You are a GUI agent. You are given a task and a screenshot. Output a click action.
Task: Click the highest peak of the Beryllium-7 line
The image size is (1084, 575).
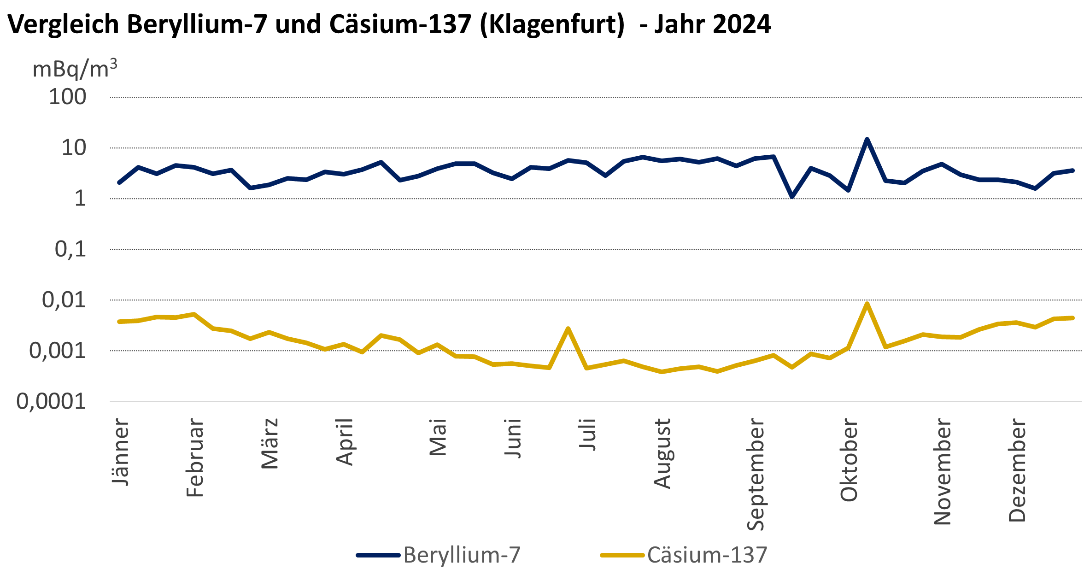coord(867,139)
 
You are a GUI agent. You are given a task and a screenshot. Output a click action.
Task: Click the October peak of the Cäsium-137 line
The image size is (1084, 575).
coord(867,304)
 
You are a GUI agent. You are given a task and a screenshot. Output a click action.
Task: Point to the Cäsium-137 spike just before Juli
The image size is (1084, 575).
coord(568,329)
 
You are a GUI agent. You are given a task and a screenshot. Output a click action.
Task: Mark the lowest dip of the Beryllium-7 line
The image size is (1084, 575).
coord(792,197)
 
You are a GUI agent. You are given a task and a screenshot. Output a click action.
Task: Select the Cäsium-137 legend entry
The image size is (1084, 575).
coord(684,555)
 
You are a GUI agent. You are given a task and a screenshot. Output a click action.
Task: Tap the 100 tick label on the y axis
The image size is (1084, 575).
coord(67,97)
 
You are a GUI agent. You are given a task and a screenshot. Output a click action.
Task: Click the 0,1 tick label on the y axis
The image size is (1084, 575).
coord(70,249)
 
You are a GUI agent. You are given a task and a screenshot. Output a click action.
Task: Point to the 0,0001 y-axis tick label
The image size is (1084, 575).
coord(51,402)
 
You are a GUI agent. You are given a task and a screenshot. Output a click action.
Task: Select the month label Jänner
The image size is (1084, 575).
coord(121,452)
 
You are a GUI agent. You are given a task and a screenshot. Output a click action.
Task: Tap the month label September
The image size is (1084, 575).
coord(756,475)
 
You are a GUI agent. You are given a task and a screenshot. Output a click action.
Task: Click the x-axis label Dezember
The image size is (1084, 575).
coord(1017,470)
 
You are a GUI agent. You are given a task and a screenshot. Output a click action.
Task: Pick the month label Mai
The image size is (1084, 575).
coord(438,437)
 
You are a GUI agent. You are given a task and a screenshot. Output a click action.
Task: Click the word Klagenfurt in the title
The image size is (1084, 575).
coord(552,24)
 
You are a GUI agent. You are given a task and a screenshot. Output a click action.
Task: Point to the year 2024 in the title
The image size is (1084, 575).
coord(741,24)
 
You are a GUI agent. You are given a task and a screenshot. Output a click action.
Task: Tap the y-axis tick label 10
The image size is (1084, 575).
coord(74,148)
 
